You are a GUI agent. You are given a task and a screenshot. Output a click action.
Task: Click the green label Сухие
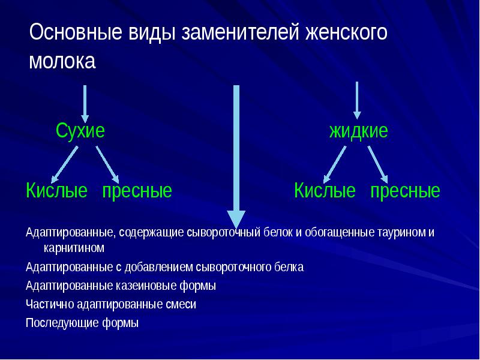(x=80, y=130)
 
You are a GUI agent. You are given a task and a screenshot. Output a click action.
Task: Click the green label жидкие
(x=358, y=131)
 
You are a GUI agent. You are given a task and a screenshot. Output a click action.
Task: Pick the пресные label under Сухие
(x=137, y=191)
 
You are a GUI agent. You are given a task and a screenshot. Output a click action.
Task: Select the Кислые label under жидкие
(x=325, y=191)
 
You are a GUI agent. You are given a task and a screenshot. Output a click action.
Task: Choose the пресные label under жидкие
(x=405, y=191)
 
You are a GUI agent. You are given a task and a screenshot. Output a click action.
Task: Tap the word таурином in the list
(x=403, y=232)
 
